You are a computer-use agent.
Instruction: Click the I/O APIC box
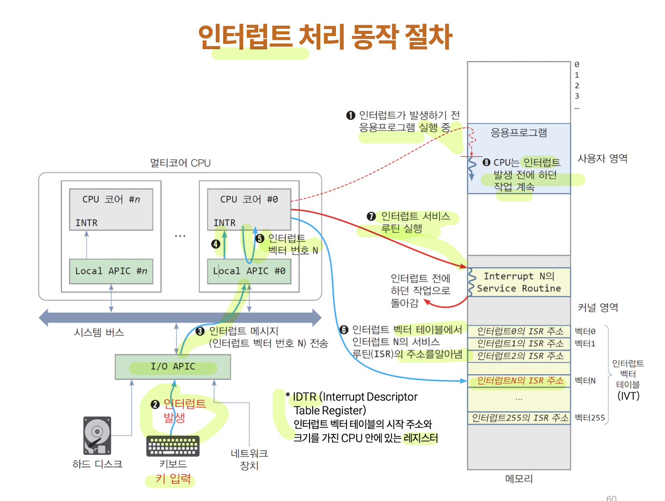173,367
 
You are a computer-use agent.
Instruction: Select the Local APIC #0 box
249,271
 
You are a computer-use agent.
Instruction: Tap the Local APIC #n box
111,271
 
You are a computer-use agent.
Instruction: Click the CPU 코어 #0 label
249,200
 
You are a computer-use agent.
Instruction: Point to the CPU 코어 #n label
111,200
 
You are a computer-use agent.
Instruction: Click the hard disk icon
97,435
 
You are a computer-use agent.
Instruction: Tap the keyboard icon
173,446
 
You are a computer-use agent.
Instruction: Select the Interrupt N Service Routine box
519,282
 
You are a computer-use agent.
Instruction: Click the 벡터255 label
590,418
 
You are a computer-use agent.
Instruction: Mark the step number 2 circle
155,404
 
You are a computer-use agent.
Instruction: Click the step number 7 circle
371,217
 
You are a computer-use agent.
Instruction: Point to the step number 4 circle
216,244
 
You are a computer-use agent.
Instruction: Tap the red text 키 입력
173,479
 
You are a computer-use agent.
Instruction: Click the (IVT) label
628,396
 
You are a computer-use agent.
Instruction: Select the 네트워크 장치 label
249,459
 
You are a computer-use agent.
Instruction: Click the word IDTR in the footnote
305,397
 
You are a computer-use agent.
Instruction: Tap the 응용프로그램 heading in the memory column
519,133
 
